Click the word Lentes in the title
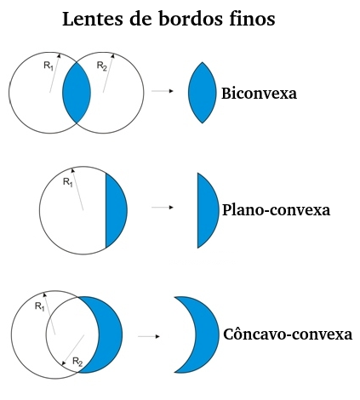click(x=93, y=19)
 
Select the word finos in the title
click(x=252, y=19)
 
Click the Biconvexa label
click(x=259, y=93)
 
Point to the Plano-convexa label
click(x=276, y=210)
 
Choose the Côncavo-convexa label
click(x=288, y=334)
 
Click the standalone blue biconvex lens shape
click(x=203, y=93)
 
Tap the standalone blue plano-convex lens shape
click(x=207, y=210)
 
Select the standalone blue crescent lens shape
click(x=207, y=334)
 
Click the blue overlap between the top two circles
click(x=77, y=93)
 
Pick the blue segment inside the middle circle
click(x=115, y=210)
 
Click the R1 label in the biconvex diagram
click(x=49, y=66)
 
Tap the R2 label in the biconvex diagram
click(x=102, y=66)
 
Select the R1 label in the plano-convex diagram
click(x=68, y=182)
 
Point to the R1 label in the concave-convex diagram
click(x=40, y=306)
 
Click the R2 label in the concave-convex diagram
click(x=77, y=362)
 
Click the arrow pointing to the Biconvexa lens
click(x=163, y=91)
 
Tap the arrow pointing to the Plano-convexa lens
click(x=163, y=208)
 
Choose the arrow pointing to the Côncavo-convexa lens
click(x=149, y=336)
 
